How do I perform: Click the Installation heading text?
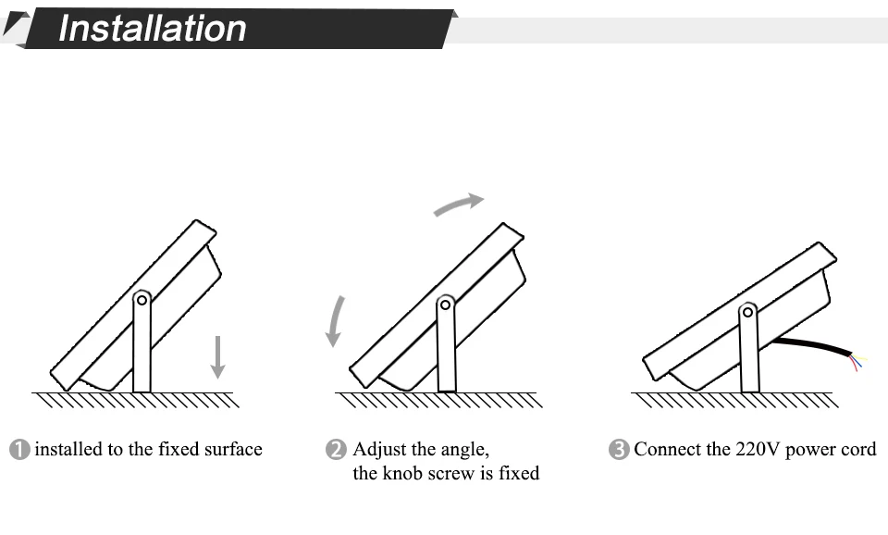click(x=153, y=29)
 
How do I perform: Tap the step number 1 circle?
click(x=19, y=450)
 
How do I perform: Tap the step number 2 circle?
click(x=336, y=450)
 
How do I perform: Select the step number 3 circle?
click(x=619, y=450)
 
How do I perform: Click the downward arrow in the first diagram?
click(x=218, y=357)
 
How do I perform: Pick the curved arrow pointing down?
click(x=335, y=321)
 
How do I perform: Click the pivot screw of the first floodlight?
click(x=142, y=300)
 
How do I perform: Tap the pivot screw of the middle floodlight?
click(x=445, y=305)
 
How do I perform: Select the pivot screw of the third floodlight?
click(x=748, y=312)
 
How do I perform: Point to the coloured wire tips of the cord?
click(x=858, y=362)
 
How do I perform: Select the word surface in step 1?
click(x=233, y=450)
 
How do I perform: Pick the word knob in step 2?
click(x=404, y=473)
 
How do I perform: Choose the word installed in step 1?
click(x=68, y=450)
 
